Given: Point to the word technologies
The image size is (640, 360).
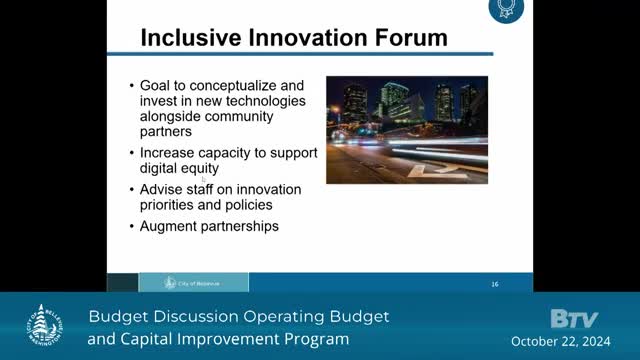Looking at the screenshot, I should tap(253, 101).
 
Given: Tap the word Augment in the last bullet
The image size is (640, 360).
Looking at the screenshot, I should tap(171, 226).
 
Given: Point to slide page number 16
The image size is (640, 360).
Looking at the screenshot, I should tap(494, 283).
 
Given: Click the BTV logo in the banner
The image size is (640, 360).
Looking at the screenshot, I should tap(574, 319).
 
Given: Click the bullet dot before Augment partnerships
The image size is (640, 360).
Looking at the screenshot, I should tap(132, 227).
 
